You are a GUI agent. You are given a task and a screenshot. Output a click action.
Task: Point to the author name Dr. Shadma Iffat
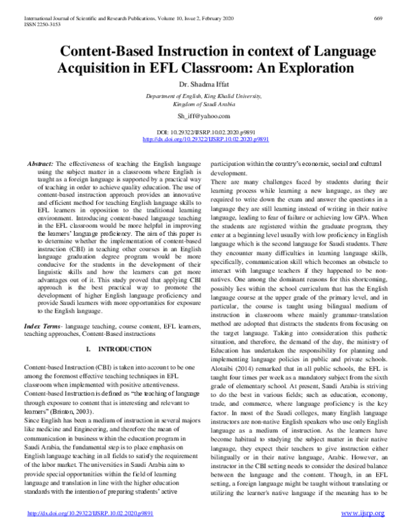pos(206,86)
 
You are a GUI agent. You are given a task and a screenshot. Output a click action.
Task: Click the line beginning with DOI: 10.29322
pos(206,131)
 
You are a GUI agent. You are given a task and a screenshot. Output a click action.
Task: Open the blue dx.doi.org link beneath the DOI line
pos(206,138)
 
